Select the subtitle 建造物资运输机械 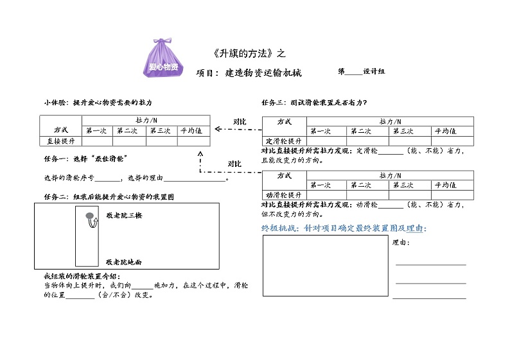point(263,73)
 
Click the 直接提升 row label point(61,141)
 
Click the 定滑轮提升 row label point(283,141)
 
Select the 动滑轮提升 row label point(283,195)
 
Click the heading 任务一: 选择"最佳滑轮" point(85,159)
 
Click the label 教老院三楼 point(125,216)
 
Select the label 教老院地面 point(125,262)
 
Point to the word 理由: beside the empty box point(401,243)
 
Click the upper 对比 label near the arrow point(239,121)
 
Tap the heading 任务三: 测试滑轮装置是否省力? point(314,102)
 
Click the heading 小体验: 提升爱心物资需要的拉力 point(98,102)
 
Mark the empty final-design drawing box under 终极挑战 point(325,266)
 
